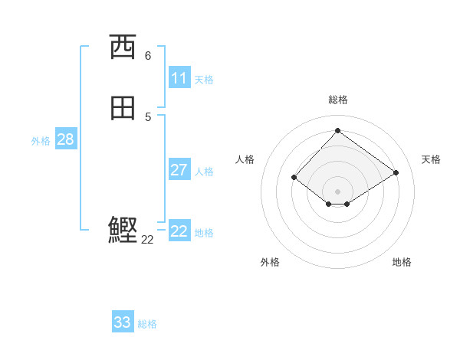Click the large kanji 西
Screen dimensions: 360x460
pyautogui.click(x=123, y=47)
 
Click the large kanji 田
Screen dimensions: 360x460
pyautogui.click(x=123, y=108)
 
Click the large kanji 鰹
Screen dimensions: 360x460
pyautogui.click(x=123, y=230)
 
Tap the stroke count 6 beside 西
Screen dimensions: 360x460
pyautogui.click(x=148, y=56)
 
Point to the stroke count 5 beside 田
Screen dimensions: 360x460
pyautogui.click(x=148, y=116)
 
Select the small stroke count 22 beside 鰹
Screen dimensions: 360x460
pyautogui.click(x=148, y=240)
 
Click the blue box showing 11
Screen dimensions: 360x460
pyautogui.click(x=179, y=78)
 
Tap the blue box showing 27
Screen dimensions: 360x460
pyautogui.click(x=179, y=170)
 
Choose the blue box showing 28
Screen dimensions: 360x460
pyautogui.click(x=65, y=139)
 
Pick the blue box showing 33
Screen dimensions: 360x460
pyautogui.click(x=123, y=322)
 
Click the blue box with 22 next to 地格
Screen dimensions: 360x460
pyautogui.click(x=179, y=231)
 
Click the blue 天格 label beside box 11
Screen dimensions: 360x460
pyautogui.click(x=204, y=80)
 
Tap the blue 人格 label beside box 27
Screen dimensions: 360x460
pyautogui.click(x=204, y=172)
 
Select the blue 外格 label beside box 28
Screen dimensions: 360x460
pyautogui.click(x=41, y=141)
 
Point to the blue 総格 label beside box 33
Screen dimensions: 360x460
pyautogui.click(x=147, y=324)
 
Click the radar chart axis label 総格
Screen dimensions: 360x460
pyautogui.click(x=338, y=100)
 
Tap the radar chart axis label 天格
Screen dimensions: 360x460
pyautogui.click(x=431, y=159)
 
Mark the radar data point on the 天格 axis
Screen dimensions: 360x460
pyautogui.click(x=396, y=172)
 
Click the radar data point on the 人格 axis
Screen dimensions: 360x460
pyautogui.click(x=294, y=177)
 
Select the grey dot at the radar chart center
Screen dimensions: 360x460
pyautogui.click(x=338, y=191)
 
